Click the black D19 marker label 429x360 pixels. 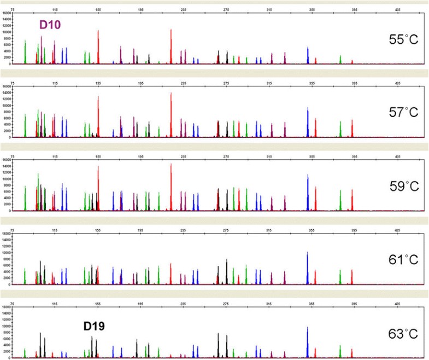tap(93, 326)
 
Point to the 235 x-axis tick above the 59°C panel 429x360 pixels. tap(184, 156)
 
